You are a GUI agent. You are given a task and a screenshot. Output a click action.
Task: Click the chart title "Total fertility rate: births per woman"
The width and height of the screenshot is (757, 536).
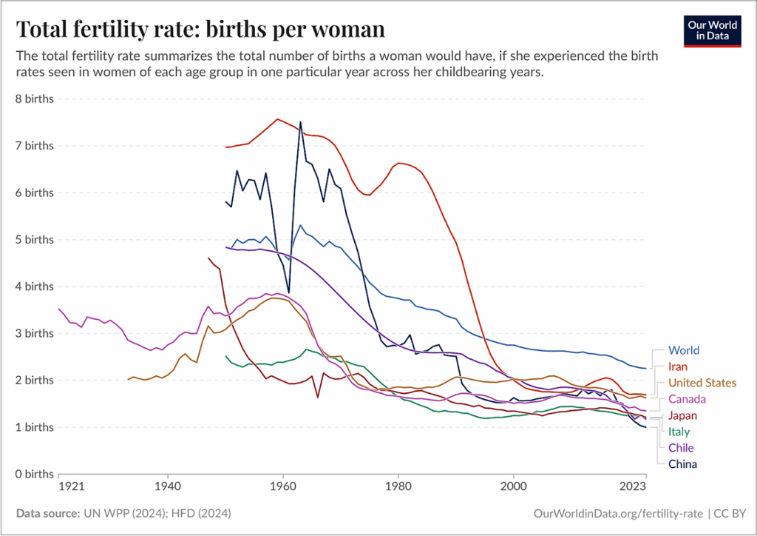(200, 29)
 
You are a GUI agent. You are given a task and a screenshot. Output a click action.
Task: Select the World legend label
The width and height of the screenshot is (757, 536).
(683, 350)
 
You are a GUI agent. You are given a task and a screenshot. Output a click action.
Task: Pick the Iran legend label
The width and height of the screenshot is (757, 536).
(679, 366)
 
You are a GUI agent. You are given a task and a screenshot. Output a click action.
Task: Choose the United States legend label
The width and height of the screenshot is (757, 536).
(702, 383)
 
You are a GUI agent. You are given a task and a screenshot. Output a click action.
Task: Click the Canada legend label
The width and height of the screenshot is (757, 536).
(687, 399)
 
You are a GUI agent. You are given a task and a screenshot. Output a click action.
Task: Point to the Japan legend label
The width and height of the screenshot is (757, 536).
(684, 415)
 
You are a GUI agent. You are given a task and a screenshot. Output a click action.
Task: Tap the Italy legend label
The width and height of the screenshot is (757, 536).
(680, 432)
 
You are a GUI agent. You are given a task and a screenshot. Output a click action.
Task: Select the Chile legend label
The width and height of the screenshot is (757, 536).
(681, 448)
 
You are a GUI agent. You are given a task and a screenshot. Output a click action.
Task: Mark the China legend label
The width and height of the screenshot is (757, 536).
(682, 464)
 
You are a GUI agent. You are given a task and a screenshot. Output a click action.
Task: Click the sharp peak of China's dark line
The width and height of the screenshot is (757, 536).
(300, 122)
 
